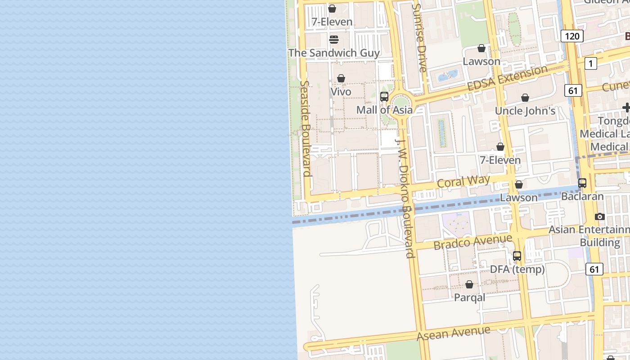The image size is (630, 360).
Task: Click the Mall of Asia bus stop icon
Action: (x=384, y=97)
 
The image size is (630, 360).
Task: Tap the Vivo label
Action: (x=341, y=92)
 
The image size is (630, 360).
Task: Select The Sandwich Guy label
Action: (x=334, y=53)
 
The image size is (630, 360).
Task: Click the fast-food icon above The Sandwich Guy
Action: (x=333, y=40)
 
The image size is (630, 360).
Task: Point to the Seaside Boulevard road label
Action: (x=306, y=128)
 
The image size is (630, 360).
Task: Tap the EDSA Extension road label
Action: (x=507, y=78)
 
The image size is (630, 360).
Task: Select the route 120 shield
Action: (x=572, y=36)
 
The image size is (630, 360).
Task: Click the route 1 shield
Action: (x=590, y=63)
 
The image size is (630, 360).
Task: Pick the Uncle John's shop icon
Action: (x=525, y=98)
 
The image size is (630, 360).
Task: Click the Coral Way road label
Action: (x=463, y=182)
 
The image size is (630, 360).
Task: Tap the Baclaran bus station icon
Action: (x=582, y=183)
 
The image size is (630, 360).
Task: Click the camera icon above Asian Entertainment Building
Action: (x=599, y=217)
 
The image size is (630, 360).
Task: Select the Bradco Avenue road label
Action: (x=472, y=242)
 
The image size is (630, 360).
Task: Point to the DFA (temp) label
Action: (x=517, y=270)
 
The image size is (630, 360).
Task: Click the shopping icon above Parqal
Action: (x=469, y=284)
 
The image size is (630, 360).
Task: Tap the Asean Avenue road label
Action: (x=453, y=333)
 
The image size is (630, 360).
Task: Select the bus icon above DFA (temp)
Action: (x=517, y=256)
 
